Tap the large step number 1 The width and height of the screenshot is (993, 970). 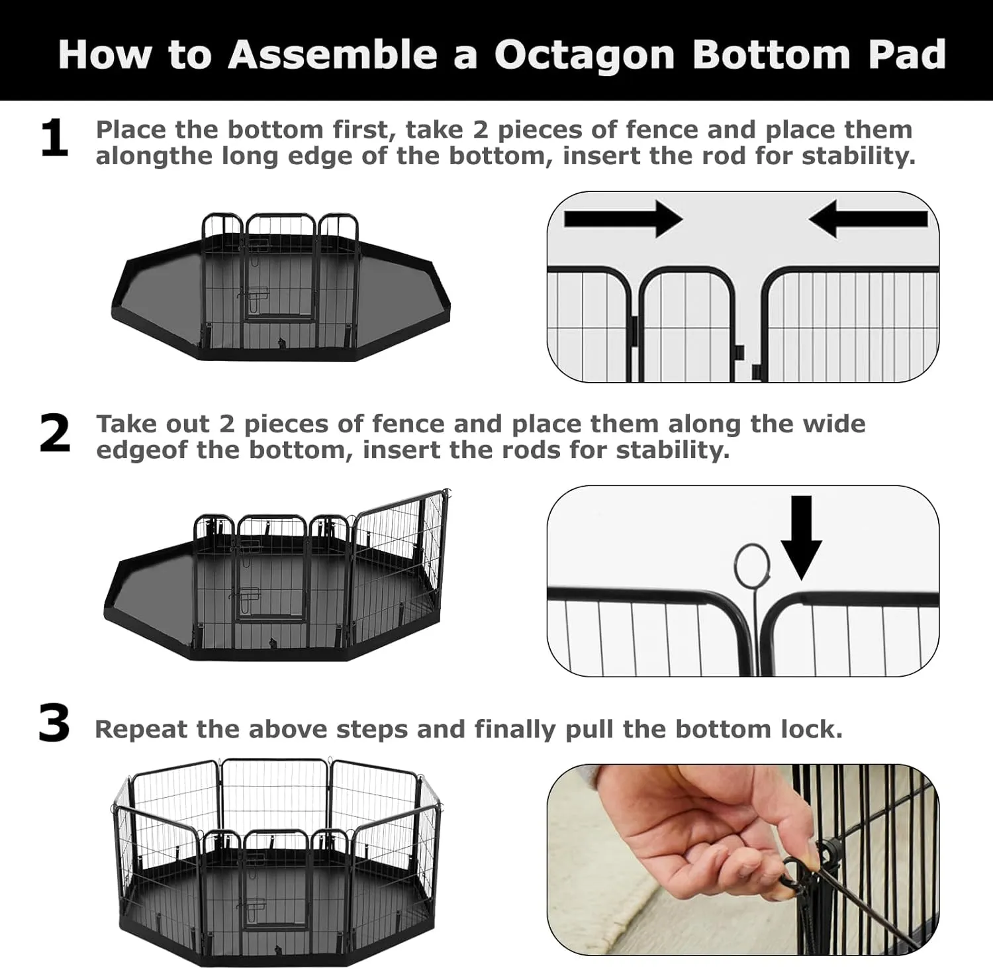54,139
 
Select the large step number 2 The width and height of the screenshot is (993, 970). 54,435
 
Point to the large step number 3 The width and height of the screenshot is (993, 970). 54,724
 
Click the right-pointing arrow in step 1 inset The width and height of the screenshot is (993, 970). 622,218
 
